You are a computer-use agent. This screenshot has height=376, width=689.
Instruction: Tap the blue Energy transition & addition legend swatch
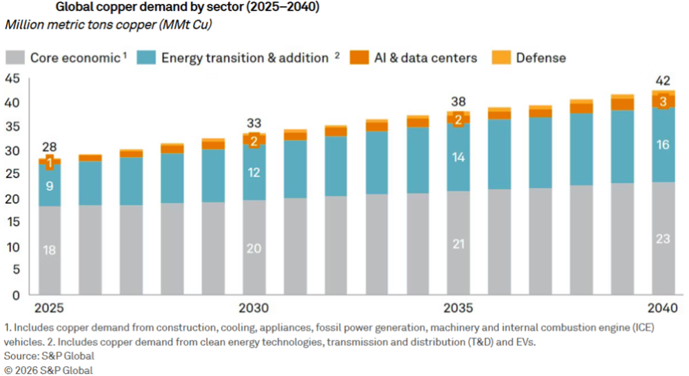pyautogui.click(x=147, y=57)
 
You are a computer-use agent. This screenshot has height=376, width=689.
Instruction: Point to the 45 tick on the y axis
pyautogui.click(x=12, y=78)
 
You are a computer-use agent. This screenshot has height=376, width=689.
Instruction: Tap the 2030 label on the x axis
pyautogui.click(x=254, y=308)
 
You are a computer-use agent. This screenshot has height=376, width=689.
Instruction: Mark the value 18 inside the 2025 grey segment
pyautogui.click(x=50, y=250)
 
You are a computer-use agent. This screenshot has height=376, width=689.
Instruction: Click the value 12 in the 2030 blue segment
pyautogui.click(x=254, y=172)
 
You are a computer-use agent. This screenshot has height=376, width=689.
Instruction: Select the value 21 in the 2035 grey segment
pyautogui.click(x=460, y=244)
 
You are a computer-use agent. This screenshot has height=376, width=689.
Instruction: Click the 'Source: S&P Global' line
pyautogui.click(x=50, y=356)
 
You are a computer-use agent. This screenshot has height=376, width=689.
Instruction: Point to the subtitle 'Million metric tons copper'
pyautogui.click(x=107, y=26)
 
